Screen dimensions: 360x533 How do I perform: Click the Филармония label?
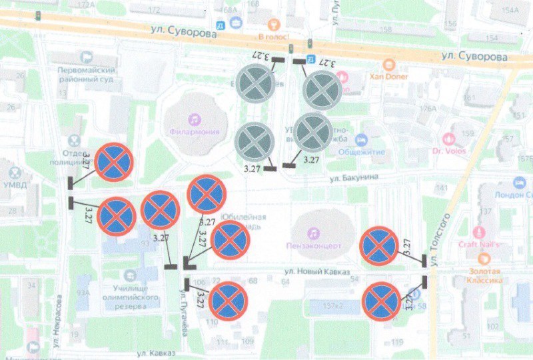coord(194,131)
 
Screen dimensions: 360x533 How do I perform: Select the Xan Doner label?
coord(389,76)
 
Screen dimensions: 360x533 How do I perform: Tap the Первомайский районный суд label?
coord(87,74)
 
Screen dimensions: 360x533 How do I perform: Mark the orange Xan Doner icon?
coord(389,65)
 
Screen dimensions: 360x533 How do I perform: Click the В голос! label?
coord(273,36)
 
